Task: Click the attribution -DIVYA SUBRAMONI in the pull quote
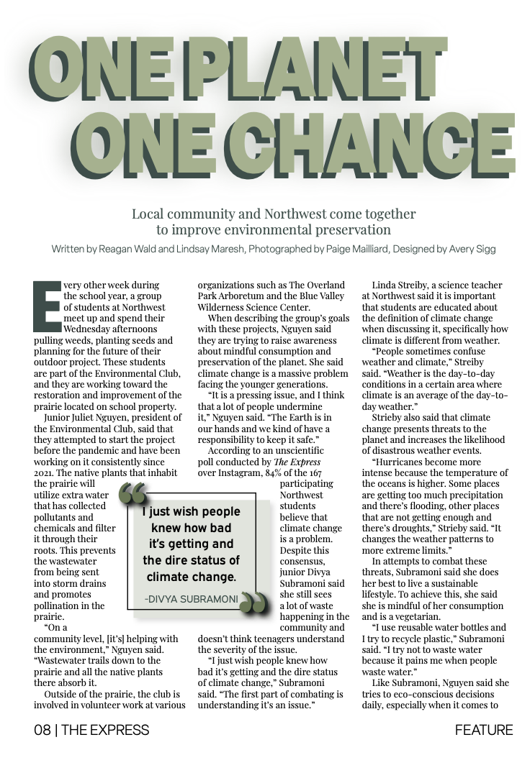(x=192, y=598)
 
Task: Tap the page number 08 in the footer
(x=42, y=730)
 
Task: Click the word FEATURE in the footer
(x=483, y=730)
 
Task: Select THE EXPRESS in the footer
(x=105, y=730)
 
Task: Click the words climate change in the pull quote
(x=192, y=577)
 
